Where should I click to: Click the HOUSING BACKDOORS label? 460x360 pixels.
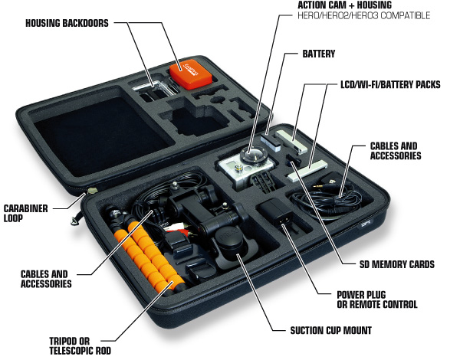pos(67,23)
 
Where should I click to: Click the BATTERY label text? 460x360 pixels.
pos(319,54)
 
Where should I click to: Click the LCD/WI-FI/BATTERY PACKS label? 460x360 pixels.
pos(390,85)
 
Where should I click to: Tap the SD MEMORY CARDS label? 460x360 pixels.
pos(397,264)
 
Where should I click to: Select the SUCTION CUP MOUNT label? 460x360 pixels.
pos(331,330)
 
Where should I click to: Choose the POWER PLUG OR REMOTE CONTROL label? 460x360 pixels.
pos(377,299)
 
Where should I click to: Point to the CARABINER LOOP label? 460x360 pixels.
pos(25,213)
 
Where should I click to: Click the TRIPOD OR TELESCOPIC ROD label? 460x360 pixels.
pos(80,345)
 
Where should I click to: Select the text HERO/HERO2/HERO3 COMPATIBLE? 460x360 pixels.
pos(363,15)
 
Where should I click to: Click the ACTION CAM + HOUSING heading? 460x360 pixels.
pos(344,5)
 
